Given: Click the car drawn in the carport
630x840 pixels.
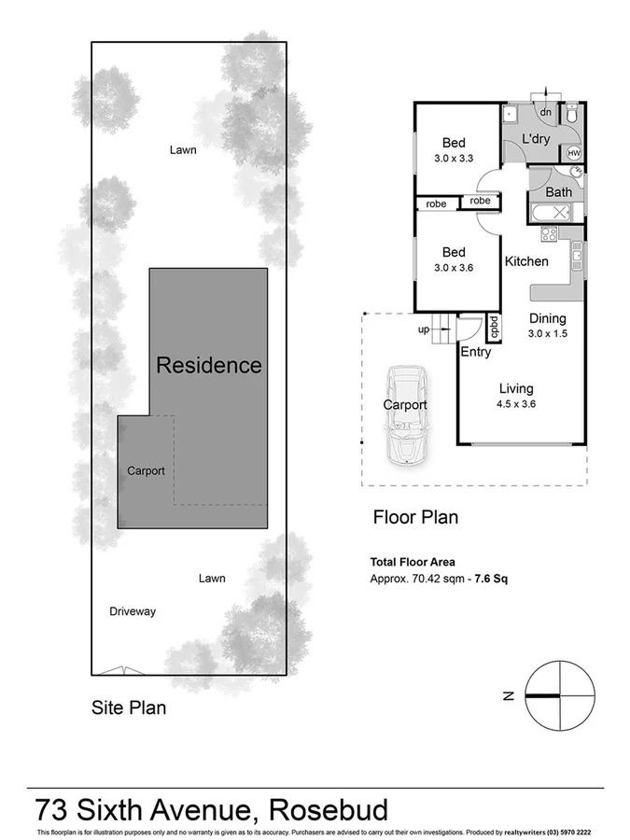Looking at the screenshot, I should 407,414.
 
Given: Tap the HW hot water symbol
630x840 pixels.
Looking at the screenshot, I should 574,153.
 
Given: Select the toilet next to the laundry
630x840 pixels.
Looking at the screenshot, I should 574,115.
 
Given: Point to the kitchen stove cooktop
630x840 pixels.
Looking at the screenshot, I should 549,236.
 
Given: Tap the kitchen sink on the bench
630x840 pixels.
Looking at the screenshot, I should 578,251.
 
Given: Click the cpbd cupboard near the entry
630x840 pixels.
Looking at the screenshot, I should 494,328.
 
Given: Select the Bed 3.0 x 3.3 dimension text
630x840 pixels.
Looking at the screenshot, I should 455,158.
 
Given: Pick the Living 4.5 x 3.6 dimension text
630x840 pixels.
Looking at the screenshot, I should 515,404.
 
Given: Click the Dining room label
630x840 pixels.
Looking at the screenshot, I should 547,318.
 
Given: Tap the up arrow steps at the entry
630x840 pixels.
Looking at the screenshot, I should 440,329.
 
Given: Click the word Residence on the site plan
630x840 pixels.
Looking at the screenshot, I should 208,365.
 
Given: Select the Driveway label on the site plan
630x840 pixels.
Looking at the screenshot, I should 133,612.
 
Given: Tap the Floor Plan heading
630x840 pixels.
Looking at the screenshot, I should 415,517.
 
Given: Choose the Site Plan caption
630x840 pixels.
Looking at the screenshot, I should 129,707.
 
